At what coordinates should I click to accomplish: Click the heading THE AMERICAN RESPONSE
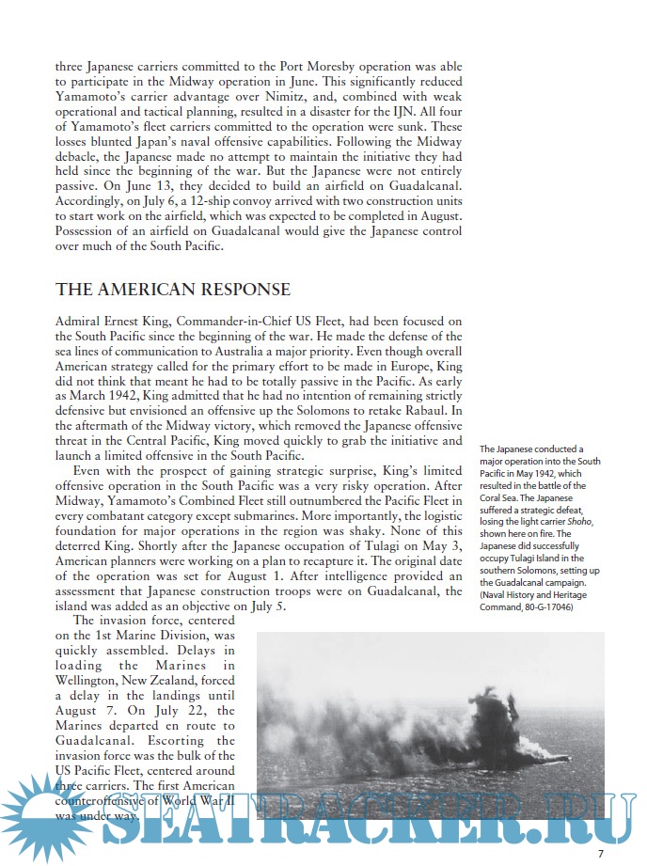[173, 290]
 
